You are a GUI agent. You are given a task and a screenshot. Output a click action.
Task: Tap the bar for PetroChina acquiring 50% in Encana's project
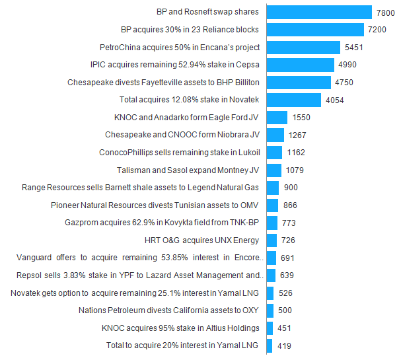[303, 48]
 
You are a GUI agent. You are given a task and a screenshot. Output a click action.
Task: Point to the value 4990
[347, 65]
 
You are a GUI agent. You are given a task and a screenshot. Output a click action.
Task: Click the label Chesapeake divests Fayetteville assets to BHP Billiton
[163, 83]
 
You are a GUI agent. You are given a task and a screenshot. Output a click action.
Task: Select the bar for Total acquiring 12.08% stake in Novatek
[294, 100]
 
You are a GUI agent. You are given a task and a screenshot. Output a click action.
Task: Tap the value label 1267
[298, 135]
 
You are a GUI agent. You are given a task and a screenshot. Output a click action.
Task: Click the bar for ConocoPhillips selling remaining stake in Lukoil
[274, 153]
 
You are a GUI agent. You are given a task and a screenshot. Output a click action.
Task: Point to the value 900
[291, 188]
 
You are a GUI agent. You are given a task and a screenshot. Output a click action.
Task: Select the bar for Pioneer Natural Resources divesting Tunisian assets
[272, 205]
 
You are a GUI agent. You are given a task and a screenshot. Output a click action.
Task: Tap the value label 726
[289, 240]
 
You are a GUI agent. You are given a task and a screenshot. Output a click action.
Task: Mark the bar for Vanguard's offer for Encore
[271, 258]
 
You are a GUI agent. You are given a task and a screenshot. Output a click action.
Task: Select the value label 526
[285, 293]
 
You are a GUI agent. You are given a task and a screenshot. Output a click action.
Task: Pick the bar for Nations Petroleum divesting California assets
[270, 310]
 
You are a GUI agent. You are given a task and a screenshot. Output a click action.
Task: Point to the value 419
[283, 345]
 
